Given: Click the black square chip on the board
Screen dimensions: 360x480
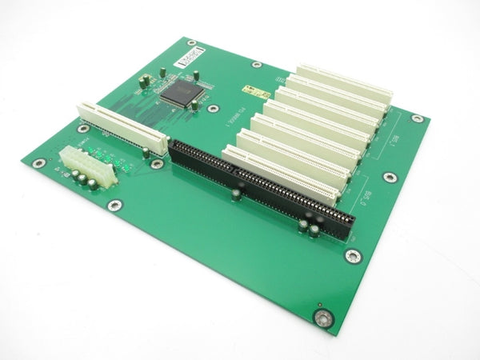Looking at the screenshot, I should tap(179, 92).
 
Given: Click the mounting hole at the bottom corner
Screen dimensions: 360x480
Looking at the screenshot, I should tap(322, 319).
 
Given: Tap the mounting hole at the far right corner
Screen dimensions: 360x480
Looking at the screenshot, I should tap(417, 118).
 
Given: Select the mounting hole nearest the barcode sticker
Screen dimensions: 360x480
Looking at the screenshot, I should tap(256, 65).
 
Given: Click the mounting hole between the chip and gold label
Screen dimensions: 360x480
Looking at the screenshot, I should tap(213, 106).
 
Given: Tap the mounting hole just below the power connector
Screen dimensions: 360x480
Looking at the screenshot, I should tap(115, 204).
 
